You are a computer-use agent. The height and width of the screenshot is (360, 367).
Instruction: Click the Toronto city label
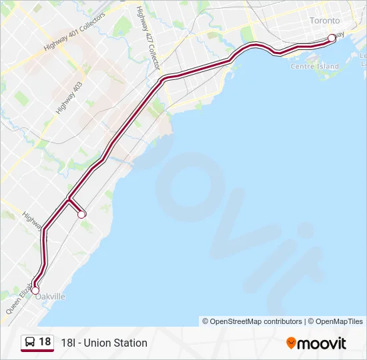(x=324, y=21)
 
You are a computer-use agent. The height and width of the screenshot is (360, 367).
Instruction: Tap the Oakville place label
(x=51, y=297)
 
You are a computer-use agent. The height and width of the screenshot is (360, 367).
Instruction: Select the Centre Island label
(x=314, y=67)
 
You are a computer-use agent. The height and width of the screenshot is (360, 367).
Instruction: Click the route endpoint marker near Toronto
(x=332, y=38)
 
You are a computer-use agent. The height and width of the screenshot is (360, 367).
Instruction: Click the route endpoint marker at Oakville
(x=35, y=291)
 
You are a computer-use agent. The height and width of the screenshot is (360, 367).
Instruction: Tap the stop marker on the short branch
(x=81, y=214)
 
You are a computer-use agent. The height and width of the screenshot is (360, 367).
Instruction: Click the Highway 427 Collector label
(x=148, y=38)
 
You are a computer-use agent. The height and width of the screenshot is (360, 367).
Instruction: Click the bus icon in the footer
(x=30, y=343)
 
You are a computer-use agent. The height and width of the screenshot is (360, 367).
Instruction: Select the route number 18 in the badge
(x=45, y=342)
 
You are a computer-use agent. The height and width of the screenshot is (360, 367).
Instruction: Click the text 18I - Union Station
(x=103, y=343)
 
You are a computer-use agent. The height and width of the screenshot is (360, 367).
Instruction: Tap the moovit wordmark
(x=322, y=343)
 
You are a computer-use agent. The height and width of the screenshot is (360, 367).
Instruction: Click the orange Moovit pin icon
(x=291, y=343)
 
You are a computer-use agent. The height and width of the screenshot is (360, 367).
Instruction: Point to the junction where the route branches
(x=69, y=198)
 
